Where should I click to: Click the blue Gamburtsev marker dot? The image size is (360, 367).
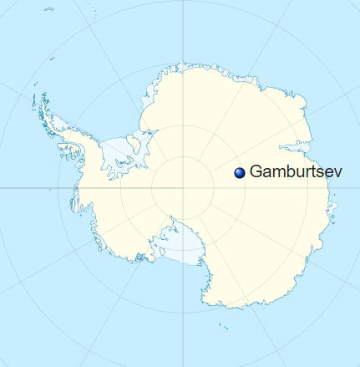[x=240, y=171]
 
